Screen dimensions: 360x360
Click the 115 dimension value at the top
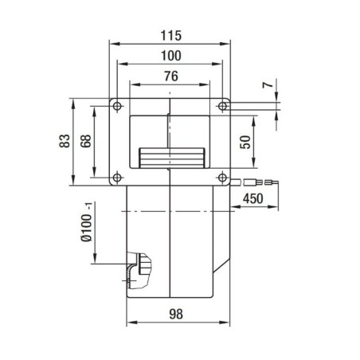tap(170, 36)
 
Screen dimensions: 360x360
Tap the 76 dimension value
tap(170, 76)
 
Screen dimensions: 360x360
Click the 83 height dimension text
tap(65, 140)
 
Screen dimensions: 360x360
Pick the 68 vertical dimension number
tap(86, 140)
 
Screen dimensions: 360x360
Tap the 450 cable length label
tap(253, 198)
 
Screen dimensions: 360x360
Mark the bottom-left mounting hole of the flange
tap(117, 176)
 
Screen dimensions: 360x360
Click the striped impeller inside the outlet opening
tap(170, 158)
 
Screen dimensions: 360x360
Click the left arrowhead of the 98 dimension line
tap(130, 323)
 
